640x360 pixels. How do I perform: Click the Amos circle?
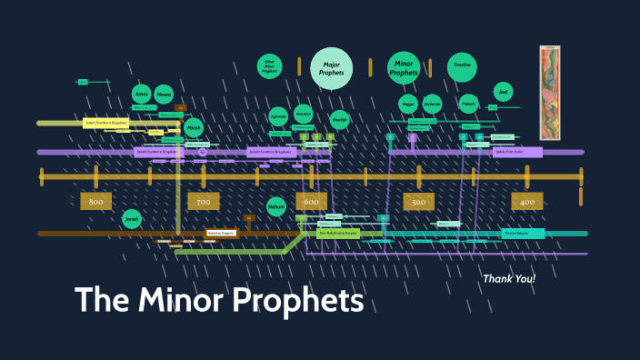(141, 94)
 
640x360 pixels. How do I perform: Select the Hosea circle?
(164, 94)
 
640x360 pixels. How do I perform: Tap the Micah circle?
(194, 129)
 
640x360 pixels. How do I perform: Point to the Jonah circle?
(132, 219)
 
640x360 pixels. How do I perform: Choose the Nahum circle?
(276, 206)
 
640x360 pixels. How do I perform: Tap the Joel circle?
(503, 92)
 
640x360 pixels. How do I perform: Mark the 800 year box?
(96, 201)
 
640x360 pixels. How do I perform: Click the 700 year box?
(203, 201)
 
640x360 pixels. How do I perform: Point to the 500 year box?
(418, 201)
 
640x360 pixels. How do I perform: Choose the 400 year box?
(526, 201)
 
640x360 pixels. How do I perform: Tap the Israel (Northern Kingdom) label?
(106, 122)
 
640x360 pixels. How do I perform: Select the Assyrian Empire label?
(221, 234)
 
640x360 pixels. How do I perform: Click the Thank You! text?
(509, 278)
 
